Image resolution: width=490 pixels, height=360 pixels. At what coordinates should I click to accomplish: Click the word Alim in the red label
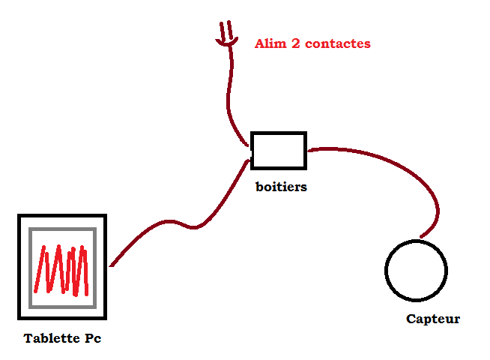(270, 43)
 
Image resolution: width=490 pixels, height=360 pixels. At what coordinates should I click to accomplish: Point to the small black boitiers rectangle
(278, 150)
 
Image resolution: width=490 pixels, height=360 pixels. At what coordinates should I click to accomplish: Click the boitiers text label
(281, 187)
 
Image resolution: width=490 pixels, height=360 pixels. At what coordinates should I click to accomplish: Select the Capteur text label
(433, 319)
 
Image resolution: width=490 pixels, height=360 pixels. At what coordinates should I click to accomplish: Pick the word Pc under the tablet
(92, 338)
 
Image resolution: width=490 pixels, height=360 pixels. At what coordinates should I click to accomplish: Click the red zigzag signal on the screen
(63, 269)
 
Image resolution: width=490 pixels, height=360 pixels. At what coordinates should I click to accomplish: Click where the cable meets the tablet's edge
(110, 265)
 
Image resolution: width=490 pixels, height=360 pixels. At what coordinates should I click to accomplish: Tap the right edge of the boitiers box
(305, 150)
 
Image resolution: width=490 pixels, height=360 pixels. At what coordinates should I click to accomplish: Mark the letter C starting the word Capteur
(411, 319)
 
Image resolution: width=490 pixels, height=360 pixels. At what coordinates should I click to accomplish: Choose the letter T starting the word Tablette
(28, 338)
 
